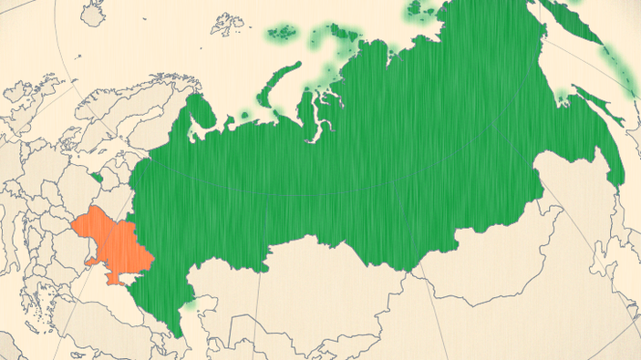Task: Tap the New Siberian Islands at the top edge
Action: tap(421, 10)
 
